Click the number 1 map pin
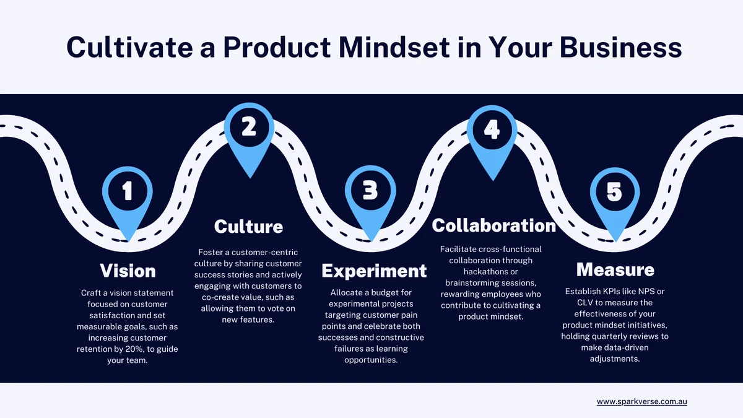click(128, 199)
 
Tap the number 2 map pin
click(249, 136)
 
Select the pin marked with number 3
click(370, 199)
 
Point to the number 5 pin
click(615, 201)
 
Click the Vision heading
click(128, 271)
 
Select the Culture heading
click(249, 227)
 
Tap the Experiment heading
click(374, 271)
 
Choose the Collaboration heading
click(494, 225)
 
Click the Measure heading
click(615, 269)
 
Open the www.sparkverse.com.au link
click(642, 402)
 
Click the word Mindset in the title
click(394, 47)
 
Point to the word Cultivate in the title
click(129, 47)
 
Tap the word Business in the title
click(620, 47)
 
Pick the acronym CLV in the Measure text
click(586, 303)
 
